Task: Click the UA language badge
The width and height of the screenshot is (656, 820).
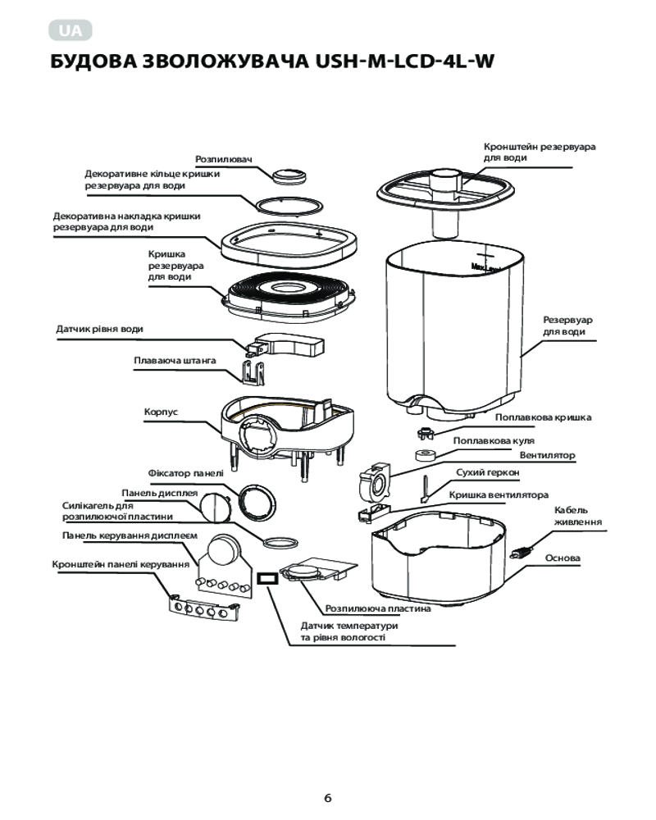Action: click(x=71, y=30)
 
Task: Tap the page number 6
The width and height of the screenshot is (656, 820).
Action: click(x=328, y=798)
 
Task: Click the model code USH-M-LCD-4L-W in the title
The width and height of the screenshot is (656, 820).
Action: click(x=405, y=61)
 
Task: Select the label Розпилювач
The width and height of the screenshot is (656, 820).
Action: click(x=224, y=159)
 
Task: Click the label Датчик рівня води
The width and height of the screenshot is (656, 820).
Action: click(x=99, y=329)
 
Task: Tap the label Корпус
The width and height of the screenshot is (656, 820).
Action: click(x=161, y=412)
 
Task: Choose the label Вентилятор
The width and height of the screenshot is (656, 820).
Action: click(x=547, y=455)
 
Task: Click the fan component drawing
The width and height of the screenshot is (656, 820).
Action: click(x=375, y=481)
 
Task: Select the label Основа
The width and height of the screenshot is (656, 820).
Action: click(x=563, y=558)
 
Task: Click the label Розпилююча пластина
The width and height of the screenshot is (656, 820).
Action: click(x=378, y=608)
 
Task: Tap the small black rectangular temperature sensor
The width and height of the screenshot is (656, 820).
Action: click(x=267, y=578)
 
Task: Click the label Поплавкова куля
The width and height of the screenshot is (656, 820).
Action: click(x=494, y=440)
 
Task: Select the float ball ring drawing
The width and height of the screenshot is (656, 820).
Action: click(x=426, y=455)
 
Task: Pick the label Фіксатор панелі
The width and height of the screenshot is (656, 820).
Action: click(x=185, y=473)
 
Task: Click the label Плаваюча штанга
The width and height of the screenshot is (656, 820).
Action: click(x=175, y=360)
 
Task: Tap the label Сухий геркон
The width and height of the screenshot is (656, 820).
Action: click(x=488, y=472)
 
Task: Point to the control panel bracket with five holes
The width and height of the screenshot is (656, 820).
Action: click(x=204, y=608)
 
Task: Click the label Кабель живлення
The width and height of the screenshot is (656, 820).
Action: click(x=578, y=516)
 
